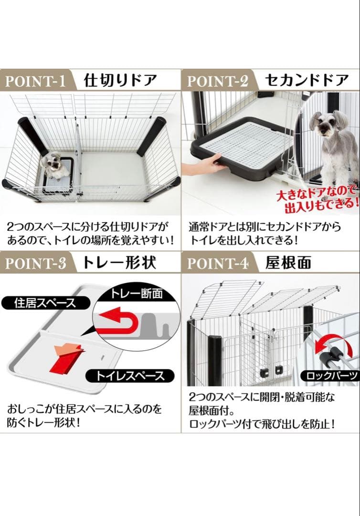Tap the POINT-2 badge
pyautogui.click(x=217, y=80)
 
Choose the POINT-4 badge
pyautogui.click(x=217, y=263)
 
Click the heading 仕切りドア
pyautogui.click(x=120, y=80)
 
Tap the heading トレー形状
pyautogui.click(x=119, y=263)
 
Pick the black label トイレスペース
pyautogui.click(x=129, y=376)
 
